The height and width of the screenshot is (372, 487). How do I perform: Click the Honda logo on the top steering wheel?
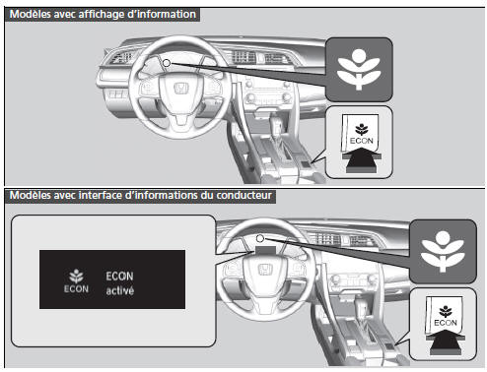point(180,89)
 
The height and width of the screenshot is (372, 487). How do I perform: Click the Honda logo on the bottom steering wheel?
point(265,270)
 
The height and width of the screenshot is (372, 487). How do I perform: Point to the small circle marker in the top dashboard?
point(167,63)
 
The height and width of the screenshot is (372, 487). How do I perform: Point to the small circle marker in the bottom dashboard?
point(260,238)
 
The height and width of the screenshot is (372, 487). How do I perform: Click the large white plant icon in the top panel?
point(359,70)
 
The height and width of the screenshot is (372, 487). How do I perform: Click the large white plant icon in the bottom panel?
point(443,251)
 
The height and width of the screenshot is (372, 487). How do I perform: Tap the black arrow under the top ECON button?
point(362,160)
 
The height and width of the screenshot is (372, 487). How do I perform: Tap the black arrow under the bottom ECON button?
point(446,342)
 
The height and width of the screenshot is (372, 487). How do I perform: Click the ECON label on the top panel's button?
point(362,141)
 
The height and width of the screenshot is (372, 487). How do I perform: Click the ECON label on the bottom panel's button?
point(446,323)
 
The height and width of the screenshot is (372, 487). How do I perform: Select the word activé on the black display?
point(120,290)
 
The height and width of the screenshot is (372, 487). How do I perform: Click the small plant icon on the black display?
point(76,277)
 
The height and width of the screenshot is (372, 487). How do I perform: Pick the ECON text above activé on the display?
point(119,277)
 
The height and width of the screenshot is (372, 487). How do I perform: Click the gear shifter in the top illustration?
point(275,126)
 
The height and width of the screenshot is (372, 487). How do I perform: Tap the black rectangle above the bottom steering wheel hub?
point(265,251)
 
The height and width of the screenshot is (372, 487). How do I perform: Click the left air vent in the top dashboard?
point(120,58)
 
